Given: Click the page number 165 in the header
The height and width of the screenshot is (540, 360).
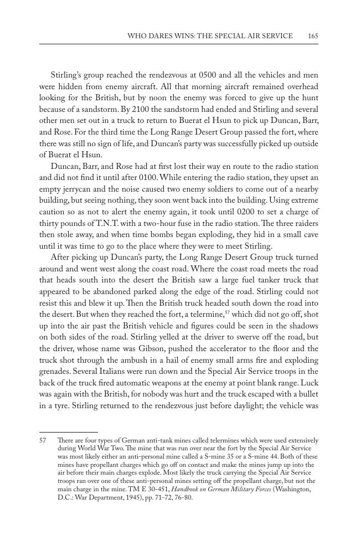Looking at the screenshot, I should [313, 36].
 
